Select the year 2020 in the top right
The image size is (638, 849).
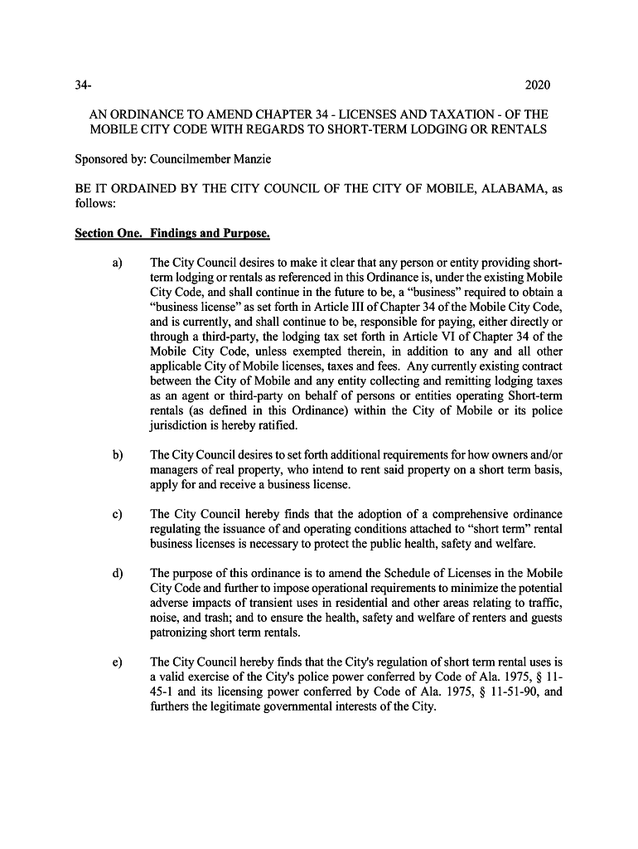[x=538, y=86]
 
